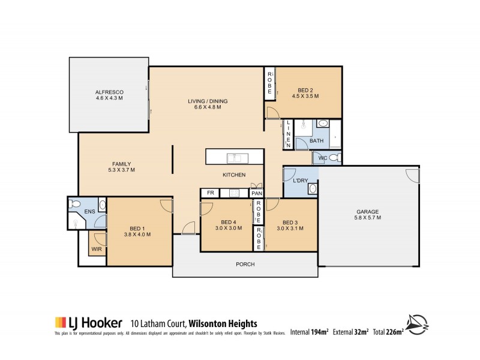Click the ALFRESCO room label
click(109, 92)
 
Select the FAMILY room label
click(121, 164)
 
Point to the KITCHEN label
click(234, 175)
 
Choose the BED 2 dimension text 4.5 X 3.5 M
click(305, 95)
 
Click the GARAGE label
click(368, 212)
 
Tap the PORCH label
click(245, 264)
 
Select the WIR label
click(96, 248)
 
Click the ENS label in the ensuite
click(89, 211)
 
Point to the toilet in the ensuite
click(76, 205)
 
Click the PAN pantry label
click(257, 193)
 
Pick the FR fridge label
click(210, 193)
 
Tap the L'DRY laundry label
click(300, 181)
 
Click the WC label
click(322, 158)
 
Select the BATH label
click(316, 141)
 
